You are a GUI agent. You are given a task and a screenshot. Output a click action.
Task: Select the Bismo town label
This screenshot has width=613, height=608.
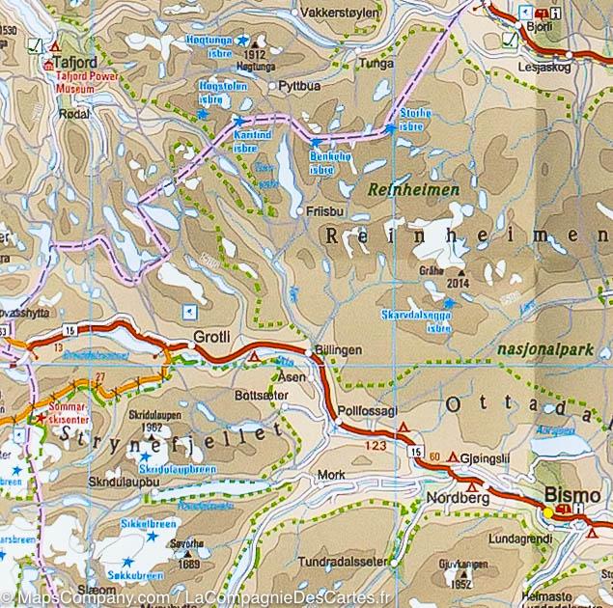[571, 495]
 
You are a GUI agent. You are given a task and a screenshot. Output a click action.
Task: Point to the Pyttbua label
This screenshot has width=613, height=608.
[298, 86]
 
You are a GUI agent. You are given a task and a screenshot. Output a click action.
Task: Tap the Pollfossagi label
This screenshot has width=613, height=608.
[369, 410]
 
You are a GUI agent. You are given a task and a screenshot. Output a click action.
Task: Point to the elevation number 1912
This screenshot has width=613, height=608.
[255, 56]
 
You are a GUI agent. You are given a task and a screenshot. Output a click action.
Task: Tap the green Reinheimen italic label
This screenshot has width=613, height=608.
[399, 191]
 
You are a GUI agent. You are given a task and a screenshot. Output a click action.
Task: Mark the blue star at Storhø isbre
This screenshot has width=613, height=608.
[390, 126]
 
